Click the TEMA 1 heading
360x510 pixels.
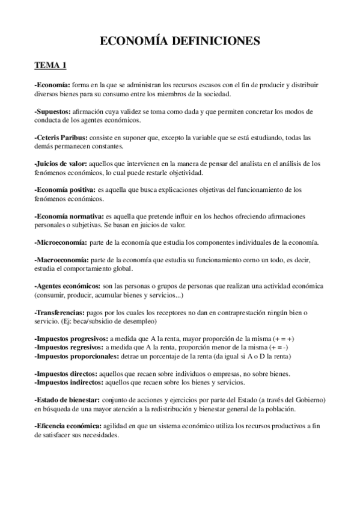click(50, 66)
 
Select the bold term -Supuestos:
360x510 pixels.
click(52, 112)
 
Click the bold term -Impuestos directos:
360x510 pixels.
click(65, 373)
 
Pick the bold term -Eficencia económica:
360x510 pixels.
click(68, 426)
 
